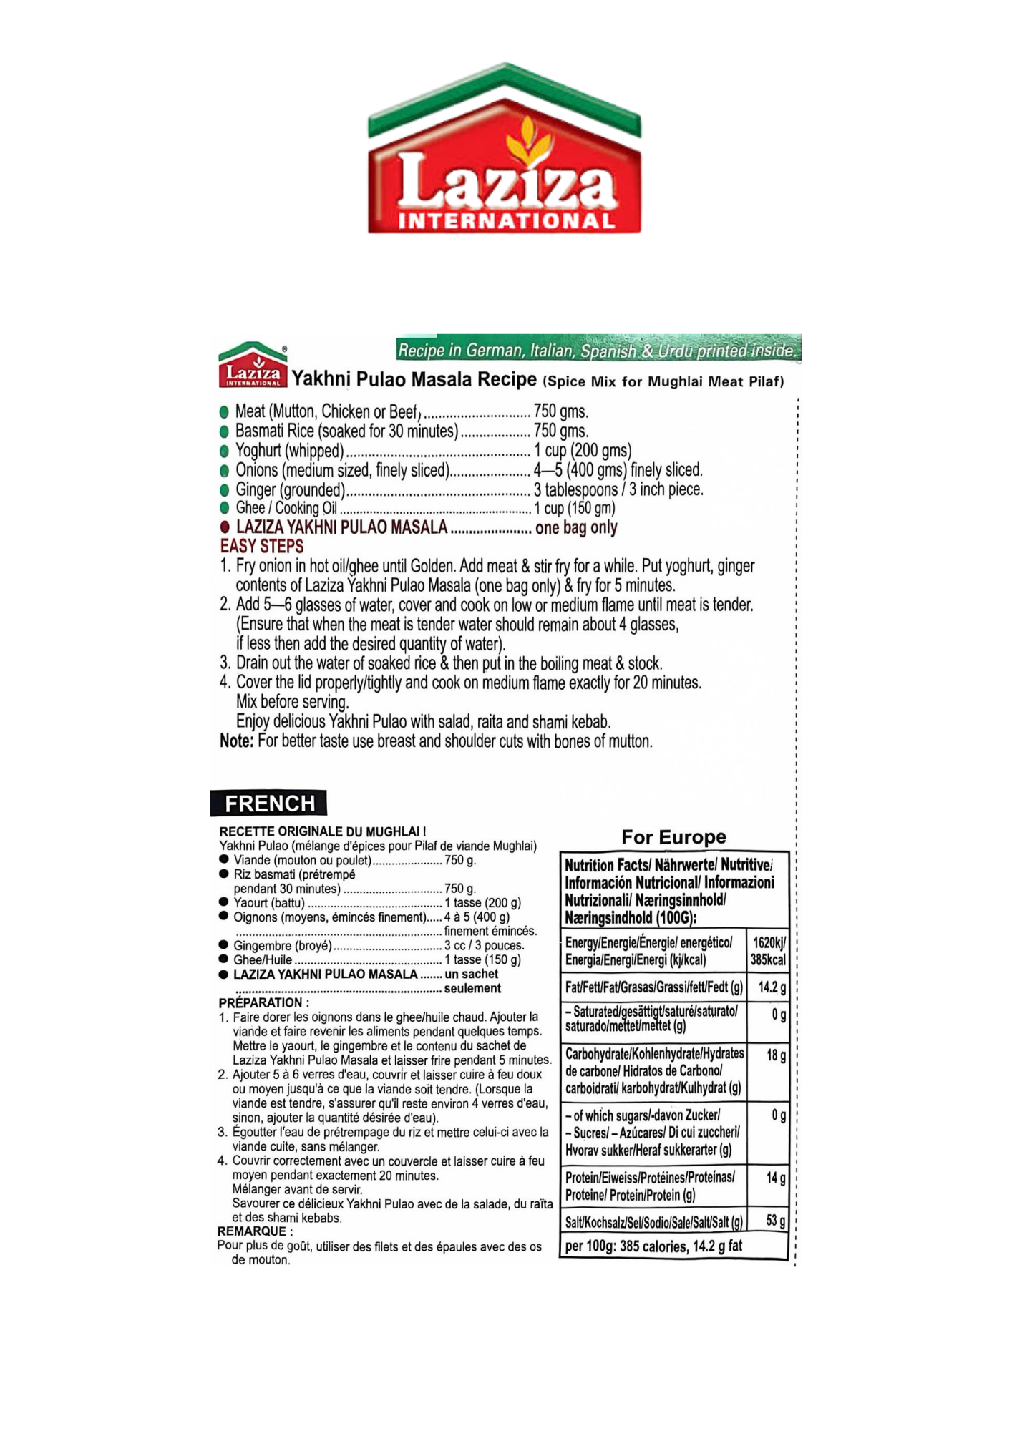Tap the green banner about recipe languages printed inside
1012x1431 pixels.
[x=598, y=350]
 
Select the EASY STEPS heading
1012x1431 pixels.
[x=262, y=547]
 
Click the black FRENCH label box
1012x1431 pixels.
[x=269, y=804]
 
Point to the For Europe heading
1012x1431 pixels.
[x=673, y=837]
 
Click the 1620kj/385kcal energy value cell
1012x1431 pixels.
[x=767, y=952]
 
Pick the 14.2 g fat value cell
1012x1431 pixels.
[x=772, y=988]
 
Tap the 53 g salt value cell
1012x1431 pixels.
[x=775, y=1221]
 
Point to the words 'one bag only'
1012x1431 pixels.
[x=576, y=528]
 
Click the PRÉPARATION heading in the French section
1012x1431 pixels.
[x=264, y=1003]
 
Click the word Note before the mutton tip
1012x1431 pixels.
[x=236, y=741]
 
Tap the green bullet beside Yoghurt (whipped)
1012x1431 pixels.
[x=224, y=451]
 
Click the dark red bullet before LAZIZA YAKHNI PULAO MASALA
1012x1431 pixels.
[x=225, y=527]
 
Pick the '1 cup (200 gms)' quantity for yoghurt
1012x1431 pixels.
[x=583, y=451]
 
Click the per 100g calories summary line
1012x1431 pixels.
[x=653, y=1246]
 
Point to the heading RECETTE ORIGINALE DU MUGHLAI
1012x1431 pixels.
[x=322, y=831]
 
